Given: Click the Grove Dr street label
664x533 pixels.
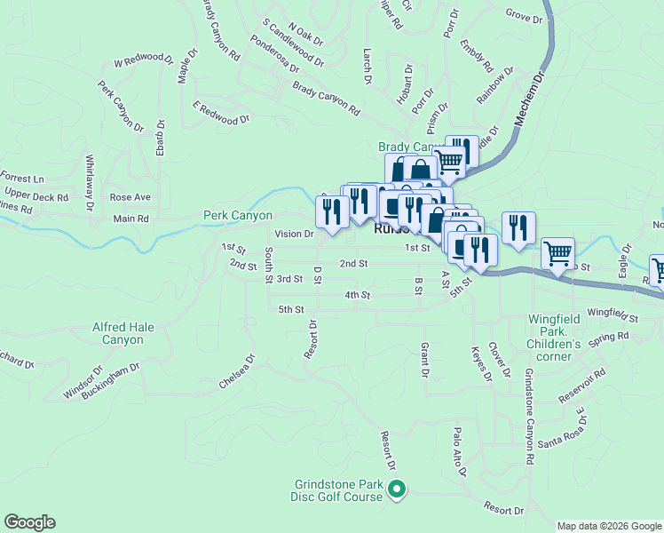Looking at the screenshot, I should tap(524, 17).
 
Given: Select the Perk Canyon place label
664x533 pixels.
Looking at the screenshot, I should tap(238, 215).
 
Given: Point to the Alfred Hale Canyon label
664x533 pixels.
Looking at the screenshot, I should tap(123, 333).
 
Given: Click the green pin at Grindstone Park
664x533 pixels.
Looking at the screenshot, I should tap(398, 488).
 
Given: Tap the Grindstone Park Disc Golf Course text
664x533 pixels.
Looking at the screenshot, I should tap(339, 491).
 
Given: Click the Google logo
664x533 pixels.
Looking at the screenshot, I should tap(29, 522).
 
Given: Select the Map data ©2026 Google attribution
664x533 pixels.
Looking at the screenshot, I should tap(609, 526).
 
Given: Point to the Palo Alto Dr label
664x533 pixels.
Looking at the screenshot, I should tap(459, 451).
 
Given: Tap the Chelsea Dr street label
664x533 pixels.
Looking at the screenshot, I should tap(237, 373).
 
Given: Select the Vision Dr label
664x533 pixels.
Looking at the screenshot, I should tap(294, 235).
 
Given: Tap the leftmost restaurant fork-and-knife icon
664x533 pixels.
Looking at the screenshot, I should tap(332, 211).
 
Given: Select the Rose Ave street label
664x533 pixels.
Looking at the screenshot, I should tap(130, 196).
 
